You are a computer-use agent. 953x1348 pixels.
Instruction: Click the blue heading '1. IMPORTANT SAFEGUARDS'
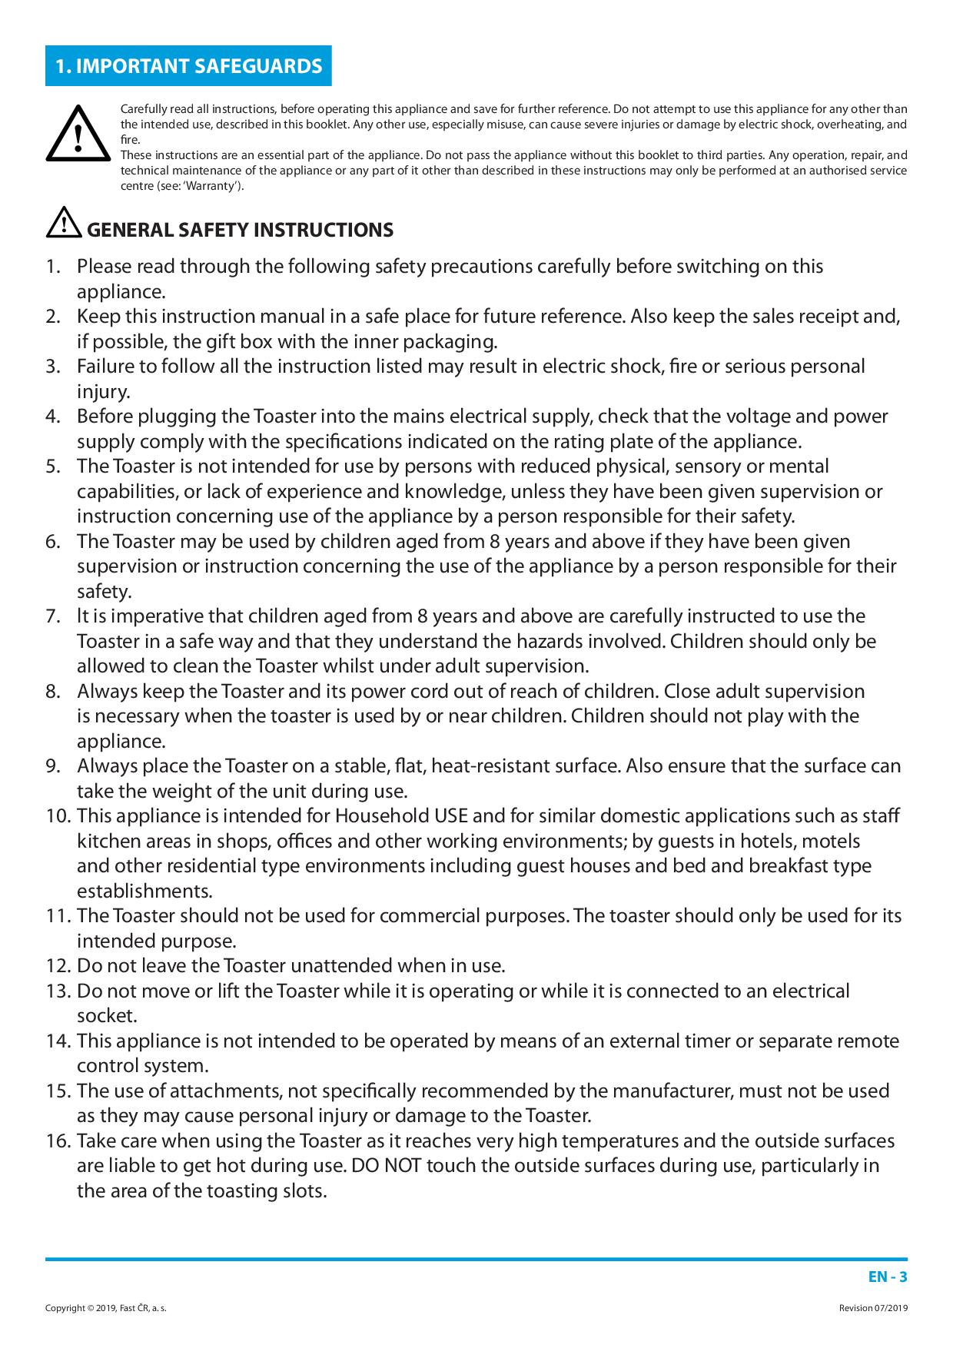(189, 66)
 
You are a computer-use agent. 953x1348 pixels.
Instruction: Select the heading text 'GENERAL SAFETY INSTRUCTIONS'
(240, 230)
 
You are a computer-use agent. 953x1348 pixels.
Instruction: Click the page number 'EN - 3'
(888, 1277)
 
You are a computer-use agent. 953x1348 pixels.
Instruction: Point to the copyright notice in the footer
(106, 1308)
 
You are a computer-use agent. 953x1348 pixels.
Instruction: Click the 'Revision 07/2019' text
(873, 1308)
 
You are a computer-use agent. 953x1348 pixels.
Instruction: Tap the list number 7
(52, 616)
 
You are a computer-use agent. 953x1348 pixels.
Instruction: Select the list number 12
(58, 966)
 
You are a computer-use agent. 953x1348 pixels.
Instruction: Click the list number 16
(58, 1141)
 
